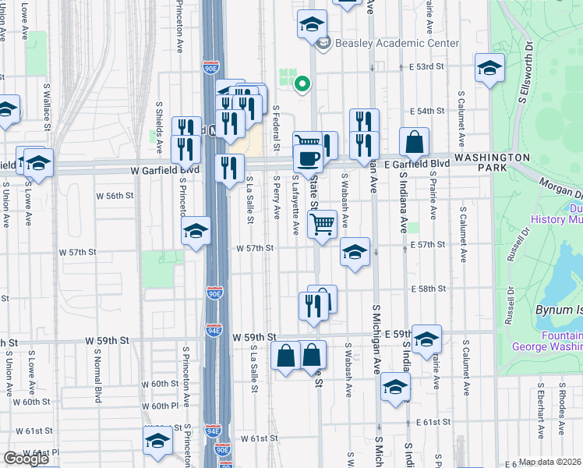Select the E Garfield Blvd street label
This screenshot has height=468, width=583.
[x=418, y=164]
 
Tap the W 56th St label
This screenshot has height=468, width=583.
[x=110, y=196]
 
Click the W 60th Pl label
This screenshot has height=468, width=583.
[x=161, y=406]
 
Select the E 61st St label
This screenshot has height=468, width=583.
[x=435, y=422]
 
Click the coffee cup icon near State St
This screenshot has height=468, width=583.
[x=308, y=158]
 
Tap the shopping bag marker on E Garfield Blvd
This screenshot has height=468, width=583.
[x=414, y=143]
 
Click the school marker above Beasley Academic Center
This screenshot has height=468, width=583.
[x=312, y=24]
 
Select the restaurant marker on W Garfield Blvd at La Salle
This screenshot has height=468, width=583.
[x=229, y=169]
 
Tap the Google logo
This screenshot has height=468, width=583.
[x=26, y=459]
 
